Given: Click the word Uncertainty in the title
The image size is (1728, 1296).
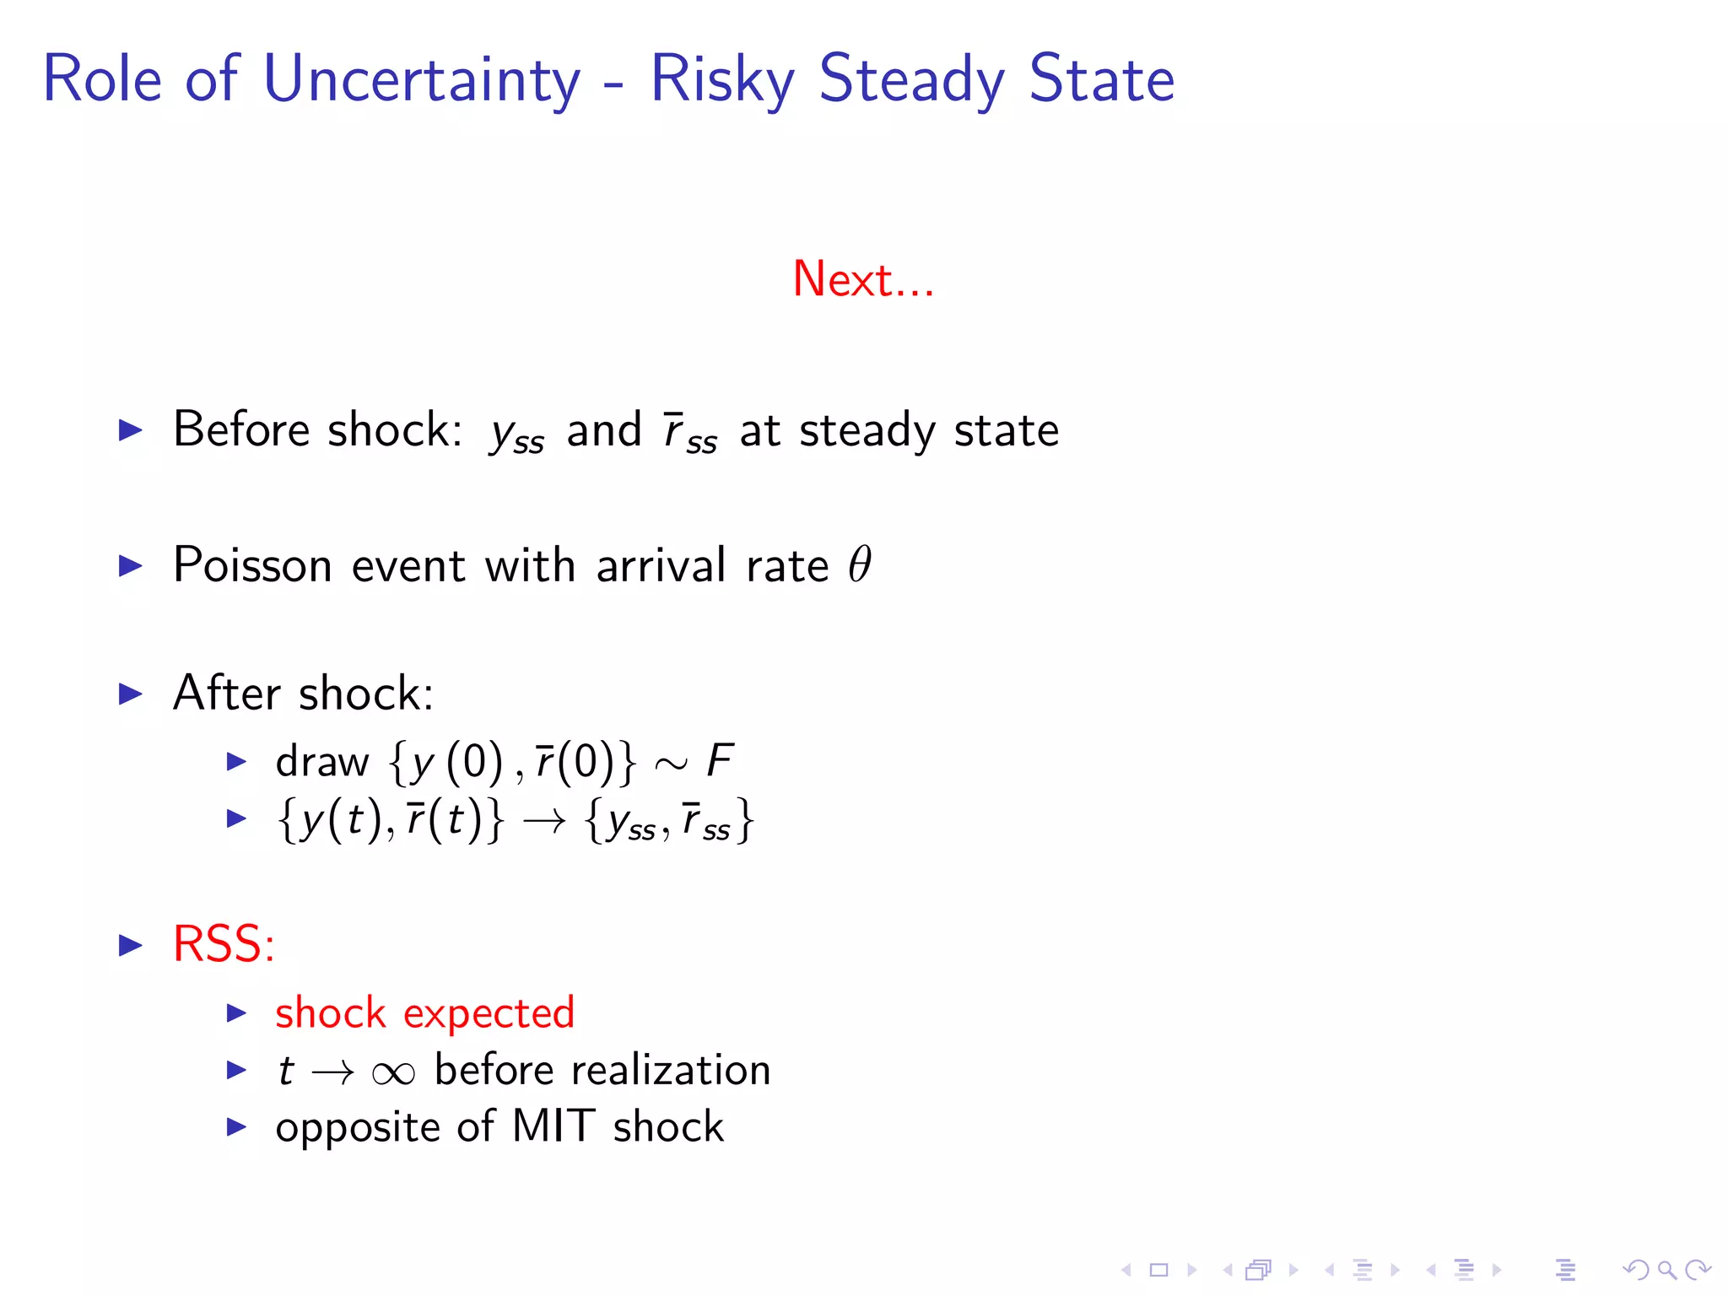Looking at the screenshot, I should tap(422, 78).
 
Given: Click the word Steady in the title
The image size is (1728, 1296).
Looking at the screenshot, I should tap(911, 78).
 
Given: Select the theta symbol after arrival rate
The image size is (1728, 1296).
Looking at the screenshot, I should tap(859, 564).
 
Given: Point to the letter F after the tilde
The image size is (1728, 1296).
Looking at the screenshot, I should tap(720, 760).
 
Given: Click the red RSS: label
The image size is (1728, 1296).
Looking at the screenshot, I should tap(224, 943).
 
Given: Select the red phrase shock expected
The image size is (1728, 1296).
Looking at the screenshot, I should tap(424, 1012).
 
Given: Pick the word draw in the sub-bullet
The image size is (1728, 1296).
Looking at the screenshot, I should tap(321, 761).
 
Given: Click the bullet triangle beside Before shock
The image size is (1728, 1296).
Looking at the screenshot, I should tap(131, 430).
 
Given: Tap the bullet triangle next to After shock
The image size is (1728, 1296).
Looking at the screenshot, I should tap(131, 694).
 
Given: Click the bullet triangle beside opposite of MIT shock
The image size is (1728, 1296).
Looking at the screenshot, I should tap(236, 1126).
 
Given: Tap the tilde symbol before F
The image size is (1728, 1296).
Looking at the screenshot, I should tap(672, 764).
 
